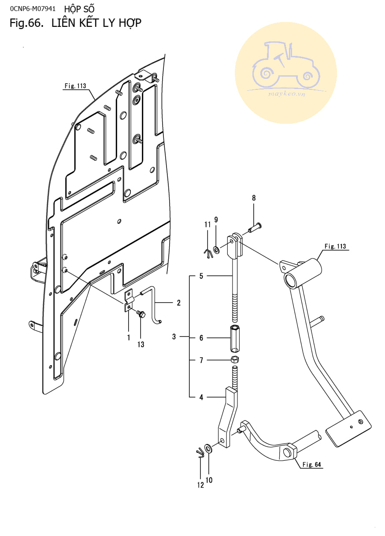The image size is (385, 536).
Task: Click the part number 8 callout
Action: pos(254,198)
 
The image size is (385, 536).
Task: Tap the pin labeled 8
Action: pos(255,227)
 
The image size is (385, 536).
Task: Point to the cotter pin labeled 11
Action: pos(208,253)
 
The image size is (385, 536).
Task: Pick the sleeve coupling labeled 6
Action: pos(235,338)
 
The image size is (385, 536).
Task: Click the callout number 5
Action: pos(201,276)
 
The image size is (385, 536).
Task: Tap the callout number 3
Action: pos(174,336)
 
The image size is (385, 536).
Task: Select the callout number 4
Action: pos(201,397)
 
